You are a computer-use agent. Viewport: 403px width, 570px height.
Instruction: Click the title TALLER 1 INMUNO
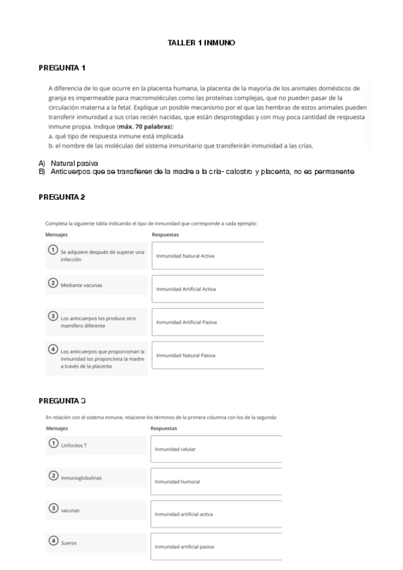click(x=201, y=43)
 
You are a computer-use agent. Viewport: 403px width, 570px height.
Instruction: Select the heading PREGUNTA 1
click(x=62, y=68)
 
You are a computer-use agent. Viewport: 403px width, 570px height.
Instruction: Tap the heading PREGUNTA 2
click(x=62, y=196)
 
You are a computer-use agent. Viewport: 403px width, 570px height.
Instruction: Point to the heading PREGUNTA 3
click(x=62, y=401)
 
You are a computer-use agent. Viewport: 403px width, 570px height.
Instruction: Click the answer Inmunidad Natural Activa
click(x=185, y=256)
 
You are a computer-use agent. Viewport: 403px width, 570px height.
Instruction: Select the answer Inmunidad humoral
click(x=177, y=481)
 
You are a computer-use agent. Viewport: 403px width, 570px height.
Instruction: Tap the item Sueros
click(x=69, y=542)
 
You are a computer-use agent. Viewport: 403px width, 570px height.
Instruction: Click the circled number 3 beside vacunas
click(x=52, y=509)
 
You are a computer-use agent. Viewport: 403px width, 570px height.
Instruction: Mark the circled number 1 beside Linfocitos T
click(x=52, y=444)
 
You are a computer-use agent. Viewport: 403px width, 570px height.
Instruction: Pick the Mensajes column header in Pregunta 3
click(x=57, y=427)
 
